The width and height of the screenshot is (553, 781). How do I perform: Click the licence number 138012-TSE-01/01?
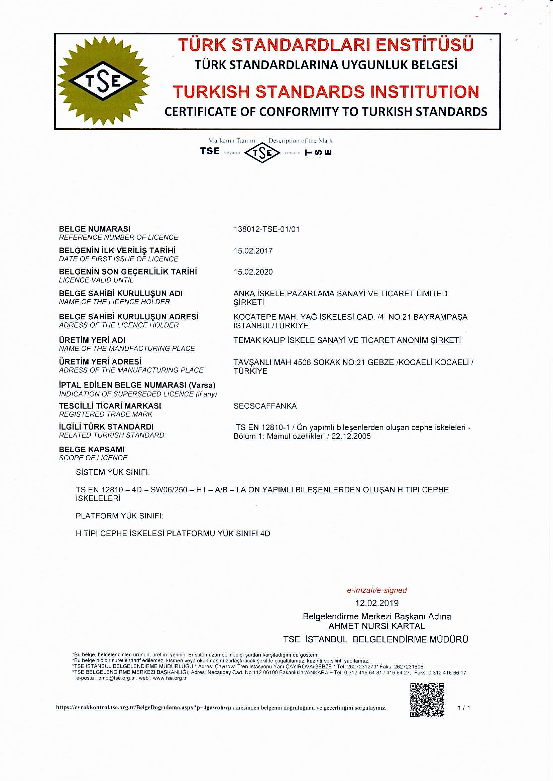click(266, 229)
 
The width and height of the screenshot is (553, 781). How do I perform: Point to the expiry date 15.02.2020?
click(253, 272)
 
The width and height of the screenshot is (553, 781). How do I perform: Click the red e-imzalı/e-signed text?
click(376, 591)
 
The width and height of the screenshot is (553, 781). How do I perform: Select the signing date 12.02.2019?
click(376, 603)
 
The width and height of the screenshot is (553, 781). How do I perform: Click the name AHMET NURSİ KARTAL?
click(376, 626)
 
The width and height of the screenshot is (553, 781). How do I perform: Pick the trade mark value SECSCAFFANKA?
click(265, 406)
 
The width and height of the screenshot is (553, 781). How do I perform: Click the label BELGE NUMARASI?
click(95, 229)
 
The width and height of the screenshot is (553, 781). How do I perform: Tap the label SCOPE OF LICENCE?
click(93, 458)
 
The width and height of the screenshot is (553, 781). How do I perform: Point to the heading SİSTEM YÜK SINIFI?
click(113, 472)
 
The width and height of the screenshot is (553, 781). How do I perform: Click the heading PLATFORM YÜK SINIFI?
click(119, 516)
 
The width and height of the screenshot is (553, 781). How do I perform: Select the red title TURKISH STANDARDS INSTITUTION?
click(326, 92)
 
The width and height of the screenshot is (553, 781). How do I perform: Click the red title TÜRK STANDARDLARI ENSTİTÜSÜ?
click(326, 45)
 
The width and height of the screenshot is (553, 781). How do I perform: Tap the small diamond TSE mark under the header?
click(262, 153)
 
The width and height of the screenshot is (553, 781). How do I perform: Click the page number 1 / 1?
click(464, 708)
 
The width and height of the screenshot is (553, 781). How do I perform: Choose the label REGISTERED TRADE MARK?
click(106, 414)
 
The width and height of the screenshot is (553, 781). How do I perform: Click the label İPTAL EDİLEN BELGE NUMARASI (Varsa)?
click(137, 385)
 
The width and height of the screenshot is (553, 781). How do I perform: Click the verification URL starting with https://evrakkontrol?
click(143, 708)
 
